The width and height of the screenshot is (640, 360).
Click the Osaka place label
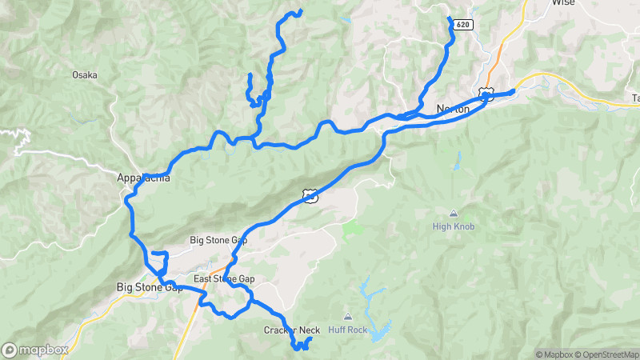(84, 75)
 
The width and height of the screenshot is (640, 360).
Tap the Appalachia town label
(143, 178)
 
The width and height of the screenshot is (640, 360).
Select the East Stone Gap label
(224, 278)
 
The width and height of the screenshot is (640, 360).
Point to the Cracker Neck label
(291, 330)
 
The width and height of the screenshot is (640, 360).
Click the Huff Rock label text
(347, 330)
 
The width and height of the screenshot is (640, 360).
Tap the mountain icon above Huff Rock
(347, 318)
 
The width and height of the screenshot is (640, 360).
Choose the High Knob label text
(454, 226)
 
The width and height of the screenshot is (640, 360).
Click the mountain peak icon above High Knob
(454, 214)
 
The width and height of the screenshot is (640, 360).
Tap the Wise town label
(563, 3)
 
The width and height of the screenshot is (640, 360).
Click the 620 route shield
(463, 26)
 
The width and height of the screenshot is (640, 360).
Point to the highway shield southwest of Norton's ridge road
(309, 194)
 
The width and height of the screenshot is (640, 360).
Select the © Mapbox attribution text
(554, 354)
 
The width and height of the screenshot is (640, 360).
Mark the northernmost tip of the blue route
(300, 10)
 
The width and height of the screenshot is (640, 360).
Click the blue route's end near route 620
(449, 18)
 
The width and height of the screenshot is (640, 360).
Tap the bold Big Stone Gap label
(150, 287)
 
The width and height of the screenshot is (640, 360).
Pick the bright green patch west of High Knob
(352, 231)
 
